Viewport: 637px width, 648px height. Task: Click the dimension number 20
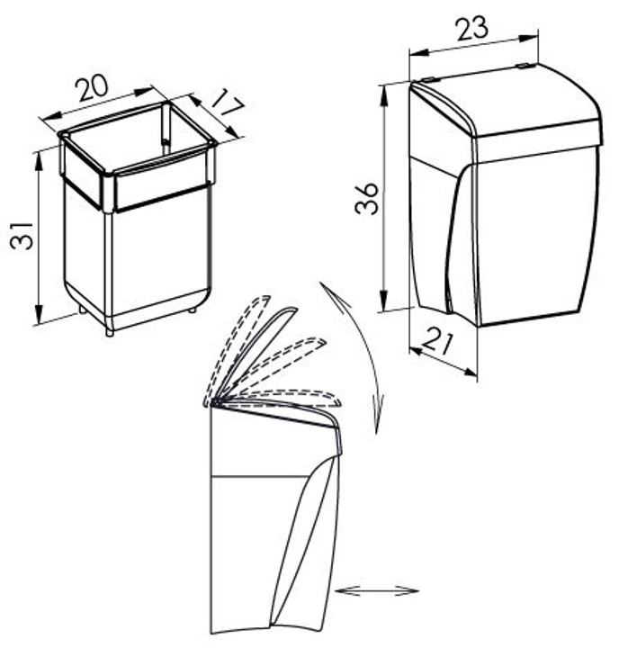click(x=93, y=87)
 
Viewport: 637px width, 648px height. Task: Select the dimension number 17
click(x=226, y=103)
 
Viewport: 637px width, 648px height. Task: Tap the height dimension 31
click(x=22, y=236)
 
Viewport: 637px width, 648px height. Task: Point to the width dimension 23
click(x=472, y=30)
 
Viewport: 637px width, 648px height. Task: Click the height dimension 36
click(x=366, y=199)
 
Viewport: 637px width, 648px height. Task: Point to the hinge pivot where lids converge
click(x=211, y=403)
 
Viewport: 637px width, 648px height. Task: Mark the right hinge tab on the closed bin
click(x=523, y=66)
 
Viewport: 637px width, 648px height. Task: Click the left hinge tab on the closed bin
click(x=427, y=79)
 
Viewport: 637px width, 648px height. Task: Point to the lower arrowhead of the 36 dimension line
click(x=384, y=301)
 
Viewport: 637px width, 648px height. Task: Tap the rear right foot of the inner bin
click(x=193, y=309)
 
